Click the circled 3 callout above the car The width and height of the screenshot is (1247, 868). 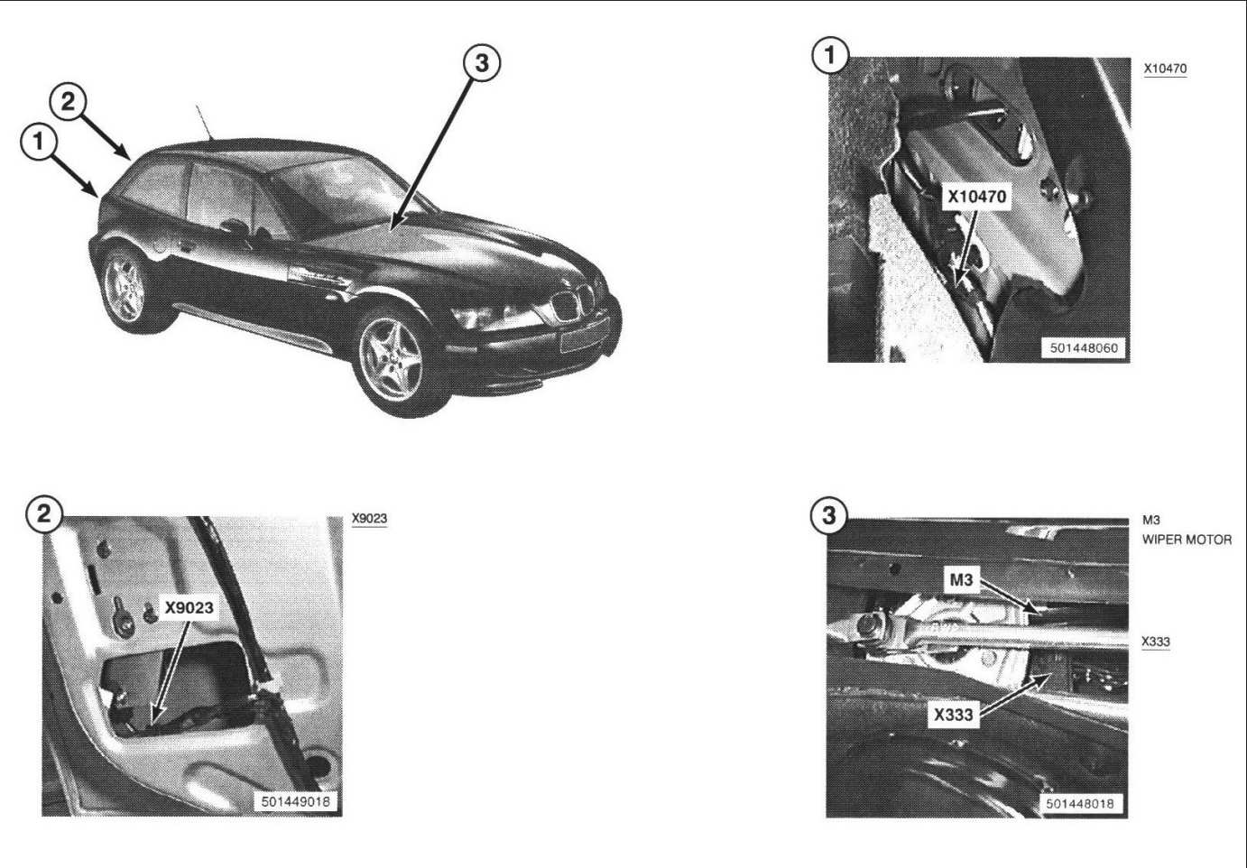pyautogui.click(x=482, y=63)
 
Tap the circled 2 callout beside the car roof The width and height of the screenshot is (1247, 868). pyautogui.click(x=68, y=102)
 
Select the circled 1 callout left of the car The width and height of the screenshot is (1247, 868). pyautogui.click(x=39, y=142)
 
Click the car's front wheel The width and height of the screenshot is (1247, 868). pyautogui.click(x=392, y=360)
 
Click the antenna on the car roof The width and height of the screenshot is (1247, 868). pyautogui.click(x=204, y=122)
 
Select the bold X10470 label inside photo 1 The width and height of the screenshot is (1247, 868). pyautogui.click(x=977, y=197)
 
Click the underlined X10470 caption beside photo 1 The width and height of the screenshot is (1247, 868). pyautogui.click(x=1165, y=69)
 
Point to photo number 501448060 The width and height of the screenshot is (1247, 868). pyautogui.click(x=1084, y=348)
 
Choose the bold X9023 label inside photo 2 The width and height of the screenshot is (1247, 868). pyautogui.click(x=189, y=608)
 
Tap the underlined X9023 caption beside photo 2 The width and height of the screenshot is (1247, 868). pyautogui.click(x=369, y=518)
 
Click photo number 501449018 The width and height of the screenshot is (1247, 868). pyautogui.click(x=295, y=802)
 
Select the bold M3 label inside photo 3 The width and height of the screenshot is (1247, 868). pyautogui.click(x=961, y=580)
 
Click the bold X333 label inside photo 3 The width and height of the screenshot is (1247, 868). pyautogui.click(x=953, y=715)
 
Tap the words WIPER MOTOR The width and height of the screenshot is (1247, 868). pyautogui.click(x=1187, y=540)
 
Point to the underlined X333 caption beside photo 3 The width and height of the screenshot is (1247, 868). pyautogui.click(x=1156, y=642)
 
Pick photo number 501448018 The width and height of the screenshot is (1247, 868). pyautogui.click(x=1080, y=803)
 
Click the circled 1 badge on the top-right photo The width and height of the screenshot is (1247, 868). pyautogui.click(x=830, y=56)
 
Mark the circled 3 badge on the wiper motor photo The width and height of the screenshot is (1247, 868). pyautogui.click(x=829, y=515)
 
